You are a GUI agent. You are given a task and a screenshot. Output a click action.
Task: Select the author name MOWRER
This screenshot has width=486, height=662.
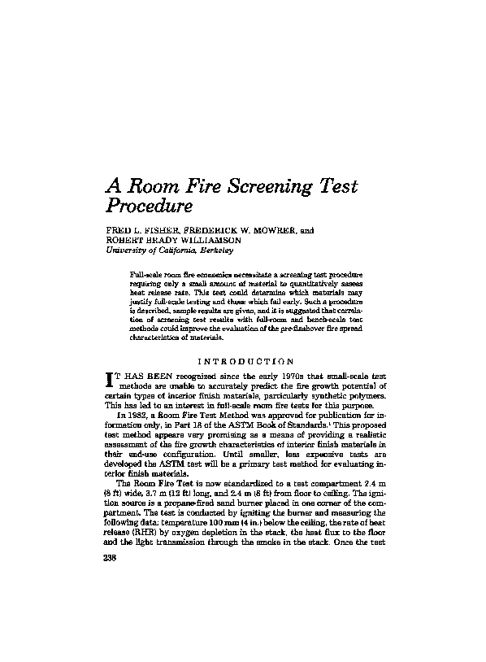[271, 230]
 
